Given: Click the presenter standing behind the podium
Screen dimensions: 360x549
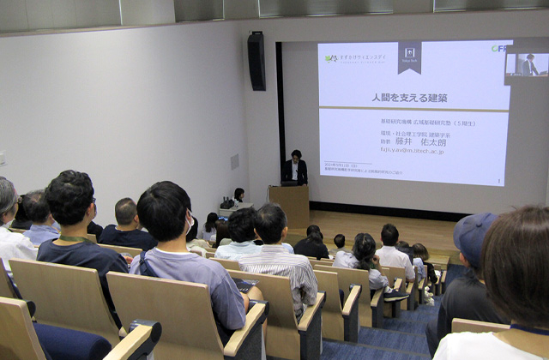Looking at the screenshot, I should click(x=294, y=166).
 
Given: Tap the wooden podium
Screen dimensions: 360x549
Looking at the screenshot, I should click(x=289, y=205).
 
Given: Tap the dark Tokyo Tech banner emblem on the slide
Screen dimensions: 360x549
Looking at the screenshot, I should click(x=409, y=56).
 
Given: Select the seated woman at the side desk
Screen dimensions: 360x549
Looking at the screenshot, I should click(x=238, y=196).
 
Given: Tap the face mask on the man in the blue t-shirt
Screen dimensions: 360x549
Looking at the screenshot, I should click(x=188, y=225).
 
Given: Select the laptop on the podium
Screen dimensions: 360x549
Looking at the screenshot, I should click(x=289, y=183).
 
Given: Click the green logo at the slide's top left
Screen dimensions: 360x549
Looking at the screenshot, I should click(x=331, y=58).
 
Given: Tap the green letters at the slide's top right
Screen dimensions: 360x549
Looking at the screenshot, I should click(x=498, y=49).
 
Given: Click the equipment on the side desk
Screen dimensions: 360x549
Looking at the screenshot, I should click(x=227, y=203).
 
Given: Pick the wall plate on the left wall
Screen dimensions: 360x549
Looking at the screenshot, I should click(x=234, y=161).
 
